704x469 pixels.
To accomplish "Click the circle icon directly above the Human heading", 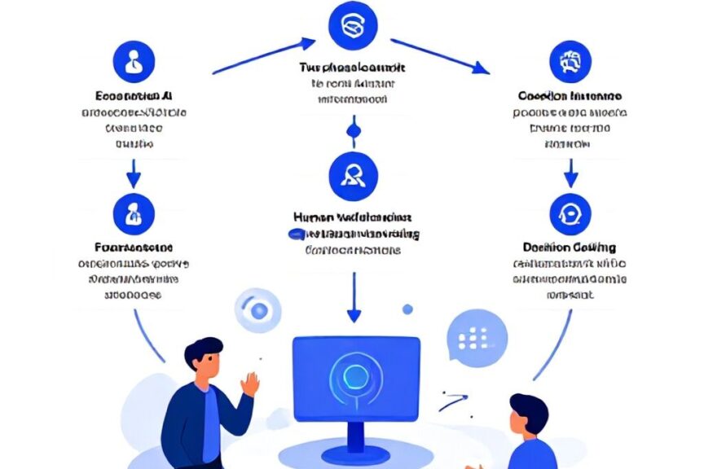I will coord(353,175).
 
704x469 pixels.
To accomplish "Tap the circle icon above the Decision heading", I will coord(570,214).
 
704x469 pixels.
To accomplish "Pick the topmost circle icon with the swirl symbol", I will coord(352,25).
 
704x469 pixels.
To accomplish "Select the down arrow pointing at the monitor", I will coord(353,298).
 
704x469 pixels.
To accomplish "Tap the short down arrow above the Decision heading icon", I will coord(570,172).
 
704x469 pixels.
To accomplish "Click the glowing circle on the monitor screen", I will coord(355,375).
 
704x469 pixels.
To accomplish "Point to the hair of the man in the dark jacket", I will coord(203,351).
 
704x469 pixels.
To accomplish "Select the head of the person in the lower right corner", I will coord(527,416).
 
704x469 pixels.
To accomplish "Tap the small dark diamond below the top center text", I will coord(353,129).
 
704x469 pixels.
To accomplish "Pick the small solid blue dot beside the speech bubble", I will coord(407,309).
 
